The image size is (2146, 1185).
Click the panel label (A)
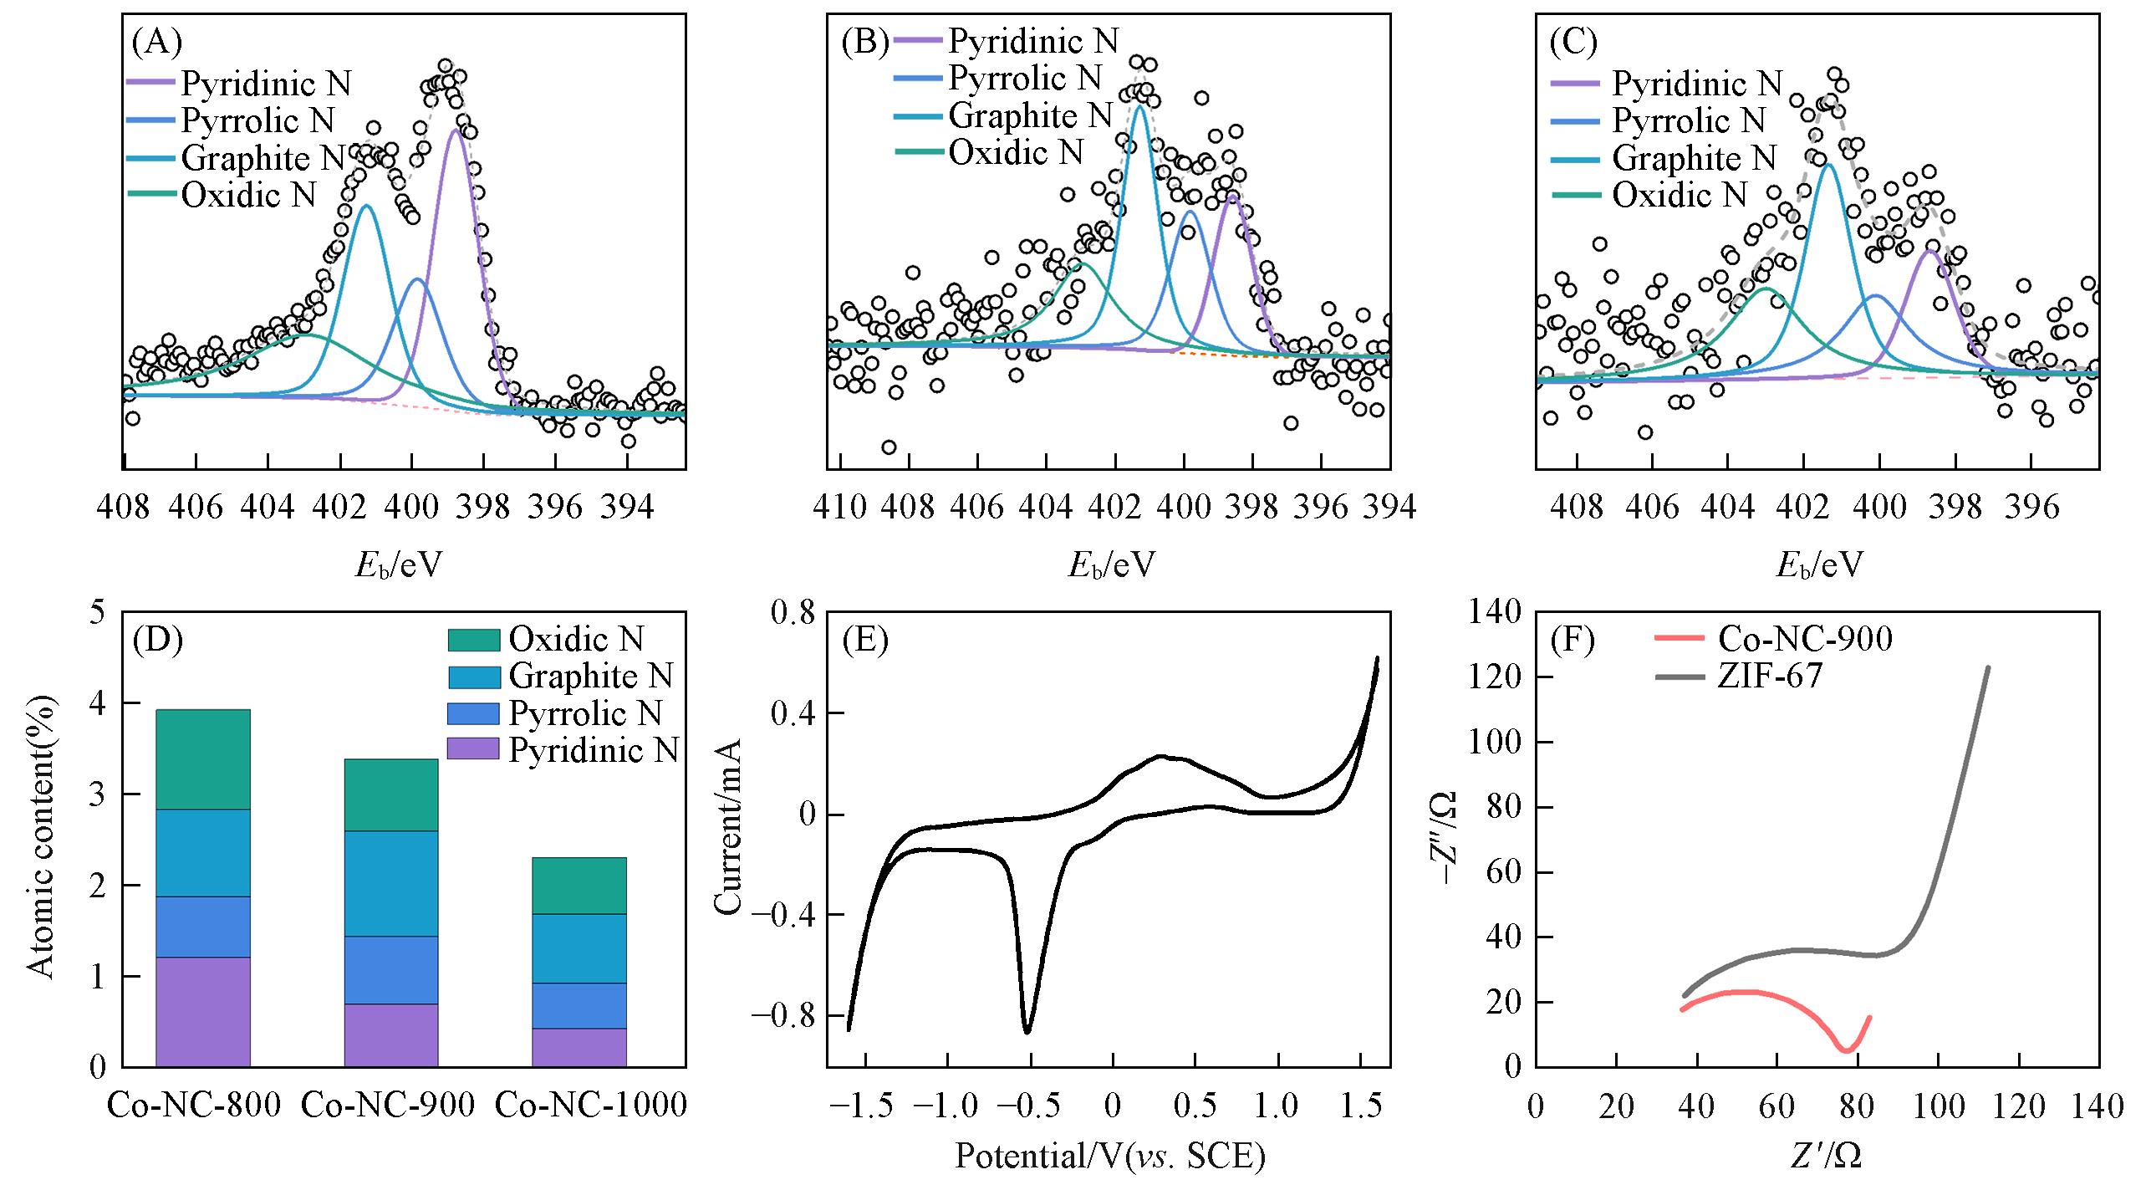pyautogui.click(x=156, y=42)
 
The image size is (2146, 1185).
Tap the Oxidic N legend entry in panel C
pyautogui.click(x=1679, y=195)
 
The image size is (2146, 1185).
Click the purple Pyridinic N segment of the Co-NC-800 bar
pyautogui.click(x=203, y=1011)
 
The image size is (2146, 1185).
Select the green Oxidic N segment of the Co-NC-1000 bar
pyautogui.click(x=579, y=885)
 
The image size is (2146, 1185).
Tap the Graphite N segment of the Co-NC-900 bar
pyautogui.click(x=391, y=883)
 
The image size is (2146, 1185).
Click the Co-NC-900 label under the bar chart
pyautogui.click(x=387, y=1106)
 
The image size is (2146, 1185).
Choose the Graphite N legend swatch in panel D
pyautogui.click(x=474, y=677)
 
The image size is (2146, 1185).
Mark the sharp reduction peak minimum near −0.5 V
pyautogui.click(x=1027, y=1031)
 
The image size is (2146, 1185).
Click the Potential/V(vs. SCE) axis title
pyautogui.click(x=1109, y=1157)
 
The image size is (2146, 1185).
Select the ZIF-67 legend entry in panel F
pyautogui.click(x=1769, y=676)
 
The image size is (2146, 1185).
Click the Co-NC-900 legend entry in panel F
pyautogui.click(x=1804, y=639)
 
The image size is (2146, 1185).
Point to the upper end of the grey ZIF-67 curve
pyautogui.click(x=1988, y=667)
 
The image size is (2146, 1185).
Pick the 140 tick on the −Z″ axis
pyautogui.click(x=1495, y=613)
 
